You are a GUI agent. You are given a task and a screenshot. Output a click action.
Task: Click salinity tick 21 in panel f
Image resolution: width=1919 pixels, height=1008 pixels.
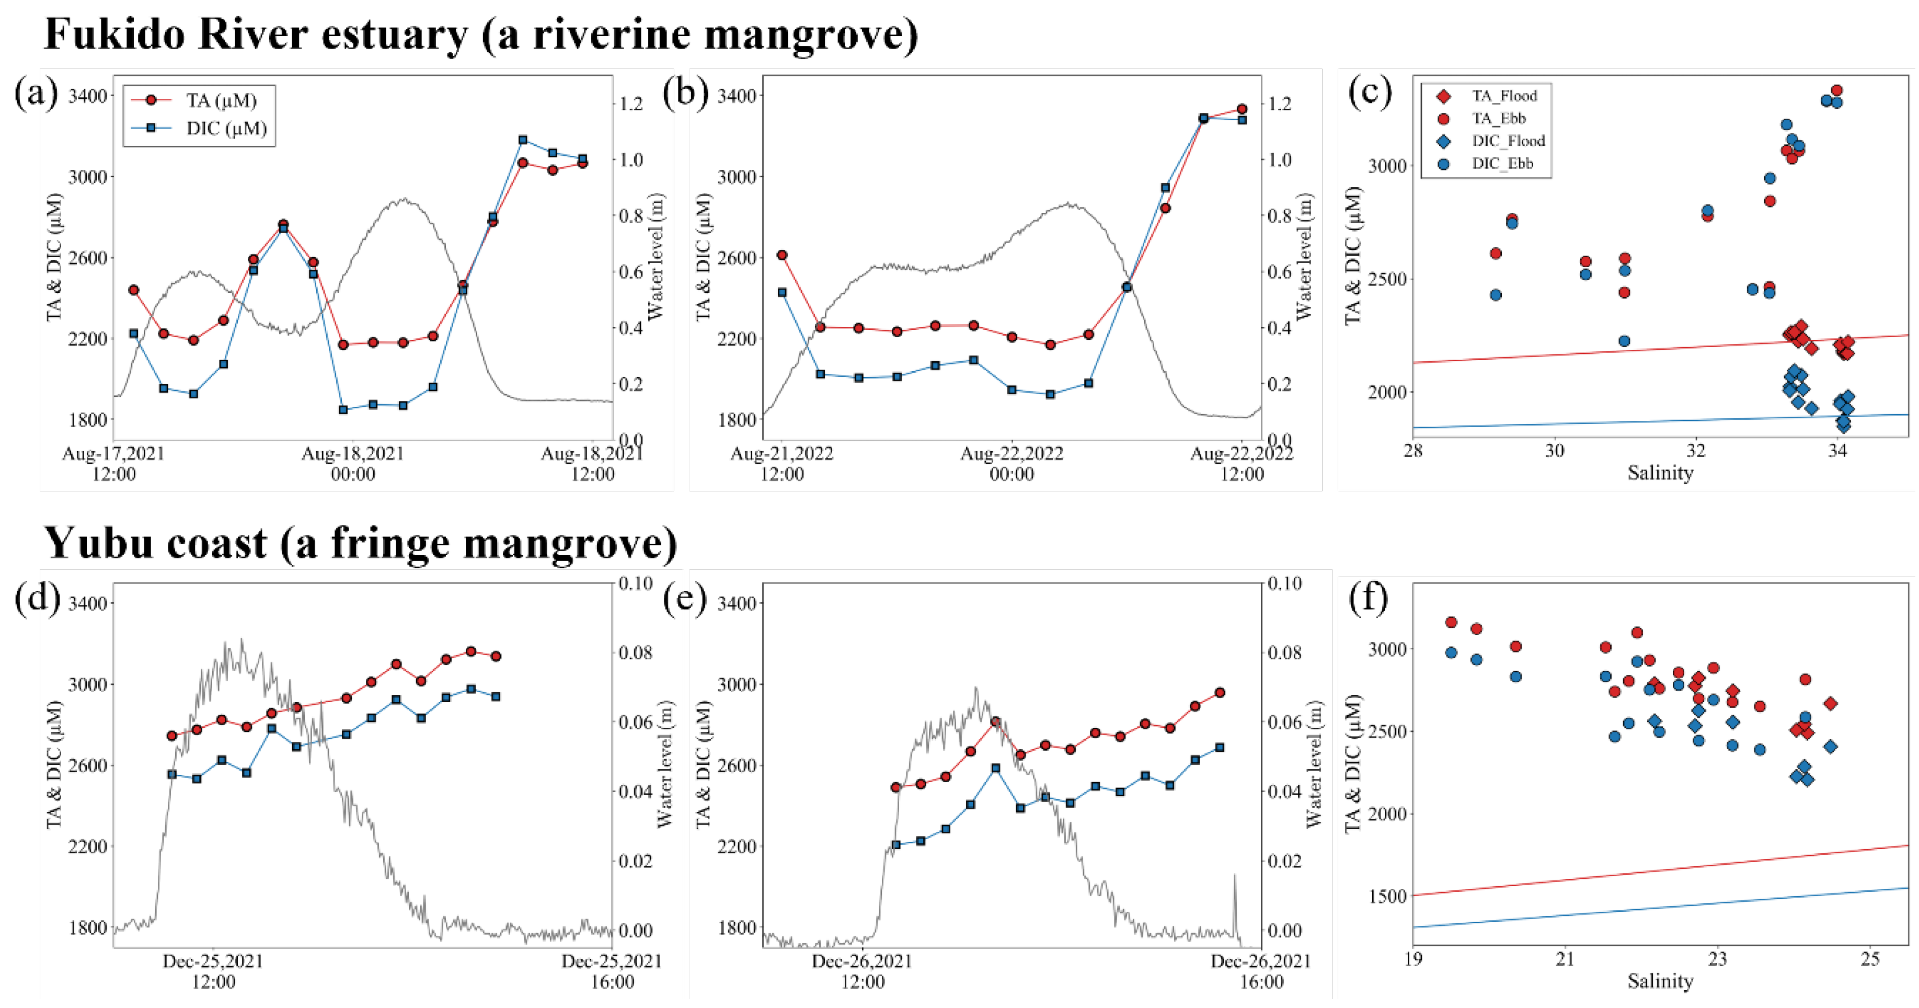coord(1565,959)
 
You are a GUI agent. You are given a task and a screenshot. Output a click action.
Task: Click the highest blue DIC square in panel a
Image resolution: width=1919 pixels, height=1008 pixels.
coord(522,140)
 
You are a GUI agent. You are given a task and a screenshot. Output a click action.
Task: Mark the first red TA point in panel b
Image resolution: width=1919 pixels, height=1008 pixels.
coord(782,255)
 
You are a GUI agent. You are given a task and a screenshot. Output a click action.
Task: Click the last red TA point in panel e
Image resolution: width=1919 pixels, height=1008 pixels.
coord(1220,693)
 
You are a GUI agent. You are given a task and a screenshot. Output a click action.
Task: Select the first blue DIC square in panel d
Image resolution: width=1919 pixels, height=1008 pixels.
coord(172,774)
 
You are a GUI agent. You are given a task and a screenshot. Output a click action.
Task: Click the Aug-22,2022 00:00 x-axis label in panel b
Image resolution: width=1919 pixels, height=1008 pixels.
coord(1011,463)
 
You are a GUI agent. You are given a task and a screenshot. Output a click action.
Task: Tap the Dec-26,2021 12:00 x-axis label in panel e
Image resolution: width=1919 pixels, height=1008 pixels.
coord(862,971)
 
